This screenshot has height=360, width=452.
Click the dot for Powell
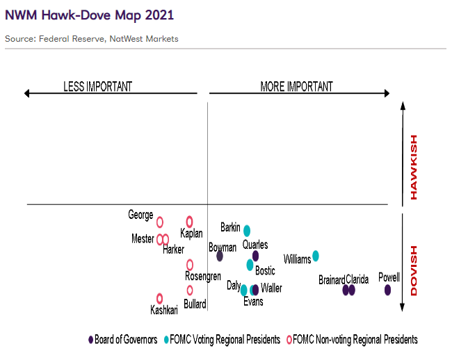[387, 290]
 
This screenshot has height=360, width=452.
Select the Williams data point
[316, 256]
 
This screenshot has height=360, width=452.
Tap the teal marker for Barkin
[247, 230]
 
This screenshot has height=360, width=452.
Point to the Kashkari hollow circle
[160, 298]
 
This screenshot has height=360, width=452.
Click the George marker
[160, 222]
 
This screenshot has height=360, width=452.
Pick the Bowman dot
[220, 256]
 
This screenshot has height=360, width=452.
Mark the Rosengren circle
[190, 265]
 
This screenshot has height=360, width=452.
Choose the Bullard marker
[190, 291]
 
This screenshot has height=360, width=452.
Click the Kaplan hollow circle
[189, 221]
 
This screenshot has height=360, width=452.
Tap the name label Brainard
[332, 280]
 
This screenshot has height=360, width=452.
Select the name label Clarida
[357, 280]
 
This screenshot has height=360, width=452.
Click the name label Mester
[143, 239]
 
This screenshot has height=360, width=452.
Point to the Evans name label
[253, 302]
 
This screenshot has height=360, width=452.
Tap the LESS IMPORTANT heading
[97, 87]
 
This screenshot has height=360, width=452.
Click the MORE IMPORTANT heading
[296, 87]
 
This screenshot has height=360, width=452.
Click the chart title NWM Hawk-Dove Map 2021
[90, 15]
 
